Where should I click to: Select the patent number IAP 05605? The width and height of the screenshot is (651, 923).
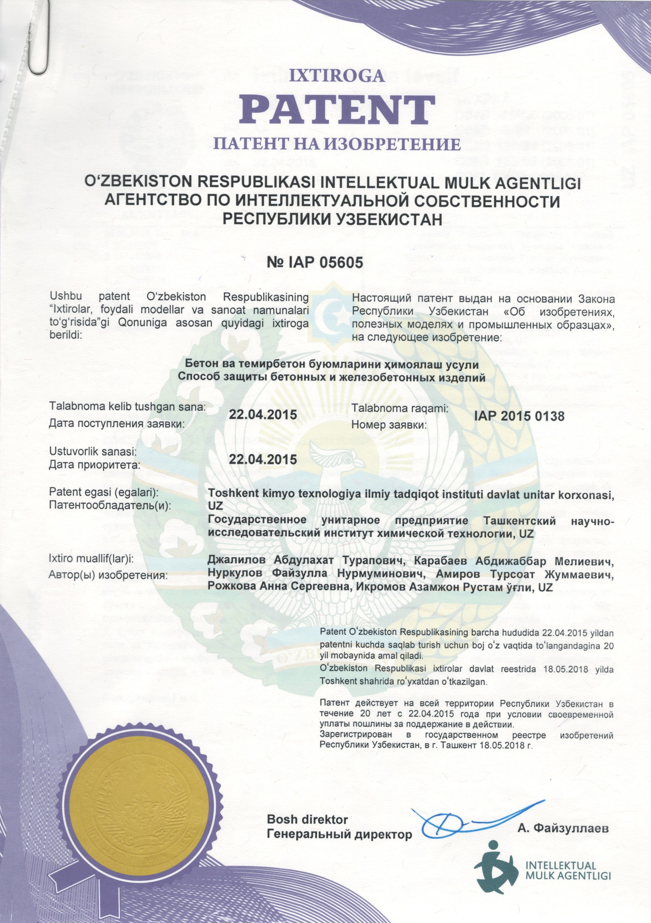point(315,262)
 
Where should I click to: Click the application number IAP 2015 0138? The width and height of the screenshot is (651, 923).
point(519,416)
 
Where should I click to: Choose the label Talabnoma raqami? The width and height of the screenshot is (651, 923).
point(400,408)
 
